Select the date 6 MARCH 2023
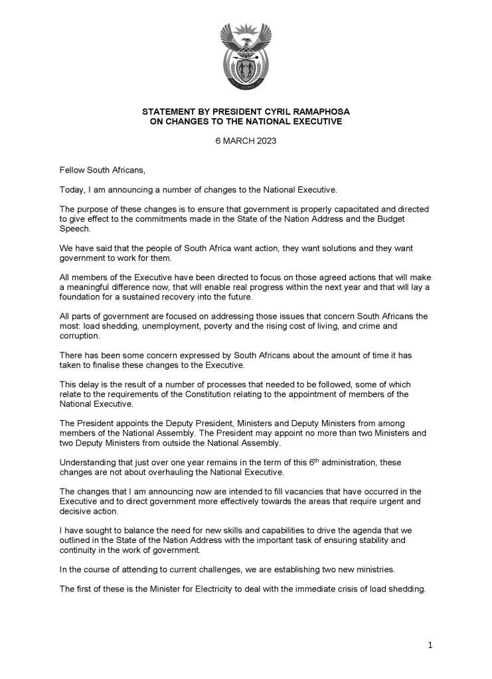(x=245, y=141)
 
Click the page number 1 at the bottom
(x=430, y=644)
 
